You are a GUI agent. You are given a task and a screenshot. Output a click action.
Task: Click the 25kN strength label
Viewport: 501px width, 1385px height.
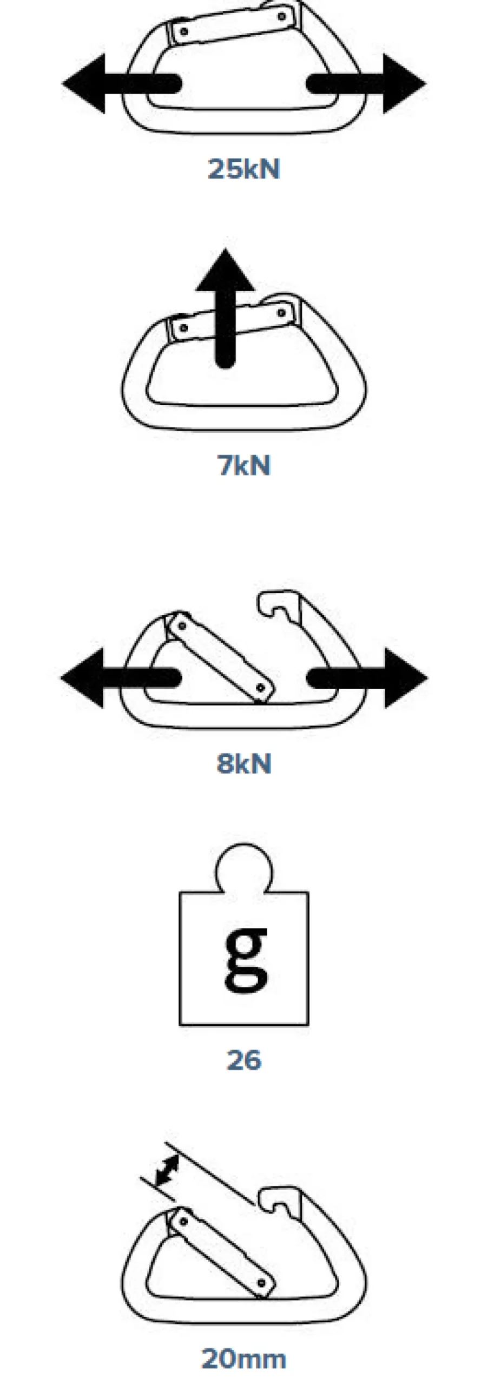click(x=244, y=168)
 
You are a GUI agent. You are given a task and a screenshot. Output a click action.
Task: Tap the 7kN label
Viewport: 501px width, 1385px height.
click(x=243, y=465)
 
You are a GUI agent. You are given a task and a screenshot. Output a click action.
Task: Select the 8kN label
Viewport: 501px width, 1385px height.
click(x=244, y=763)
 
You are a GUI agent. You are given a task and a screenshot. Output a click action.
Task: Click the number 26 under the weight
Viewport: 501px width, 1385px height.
click(x=244, y=1060)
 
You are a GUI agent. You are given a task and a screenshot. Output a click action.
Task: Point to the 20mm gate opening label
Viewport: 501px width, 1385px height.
click(x=243, y=1358)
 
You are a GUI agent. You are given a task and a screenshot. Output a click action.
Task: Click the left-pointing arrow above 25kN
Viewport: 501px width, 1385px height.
click(x=121, y=84)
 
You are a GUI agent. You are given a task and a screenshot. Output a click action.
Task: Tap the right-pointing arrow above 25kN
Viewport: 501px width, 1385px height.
click(x=366, y=84)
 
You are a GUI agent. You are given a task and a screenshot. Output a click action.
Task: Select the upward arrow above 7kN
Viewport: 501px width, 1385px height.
click(x=225, y=308)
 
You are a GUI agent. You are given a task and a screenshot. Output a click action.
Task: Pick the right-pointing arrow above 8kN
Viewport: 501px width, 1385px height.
click(x=367, y=678)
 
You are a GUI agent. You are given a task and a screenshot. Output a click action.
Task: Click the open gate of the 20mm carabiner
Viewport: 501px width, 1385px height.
click(x=221, y=1252)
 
